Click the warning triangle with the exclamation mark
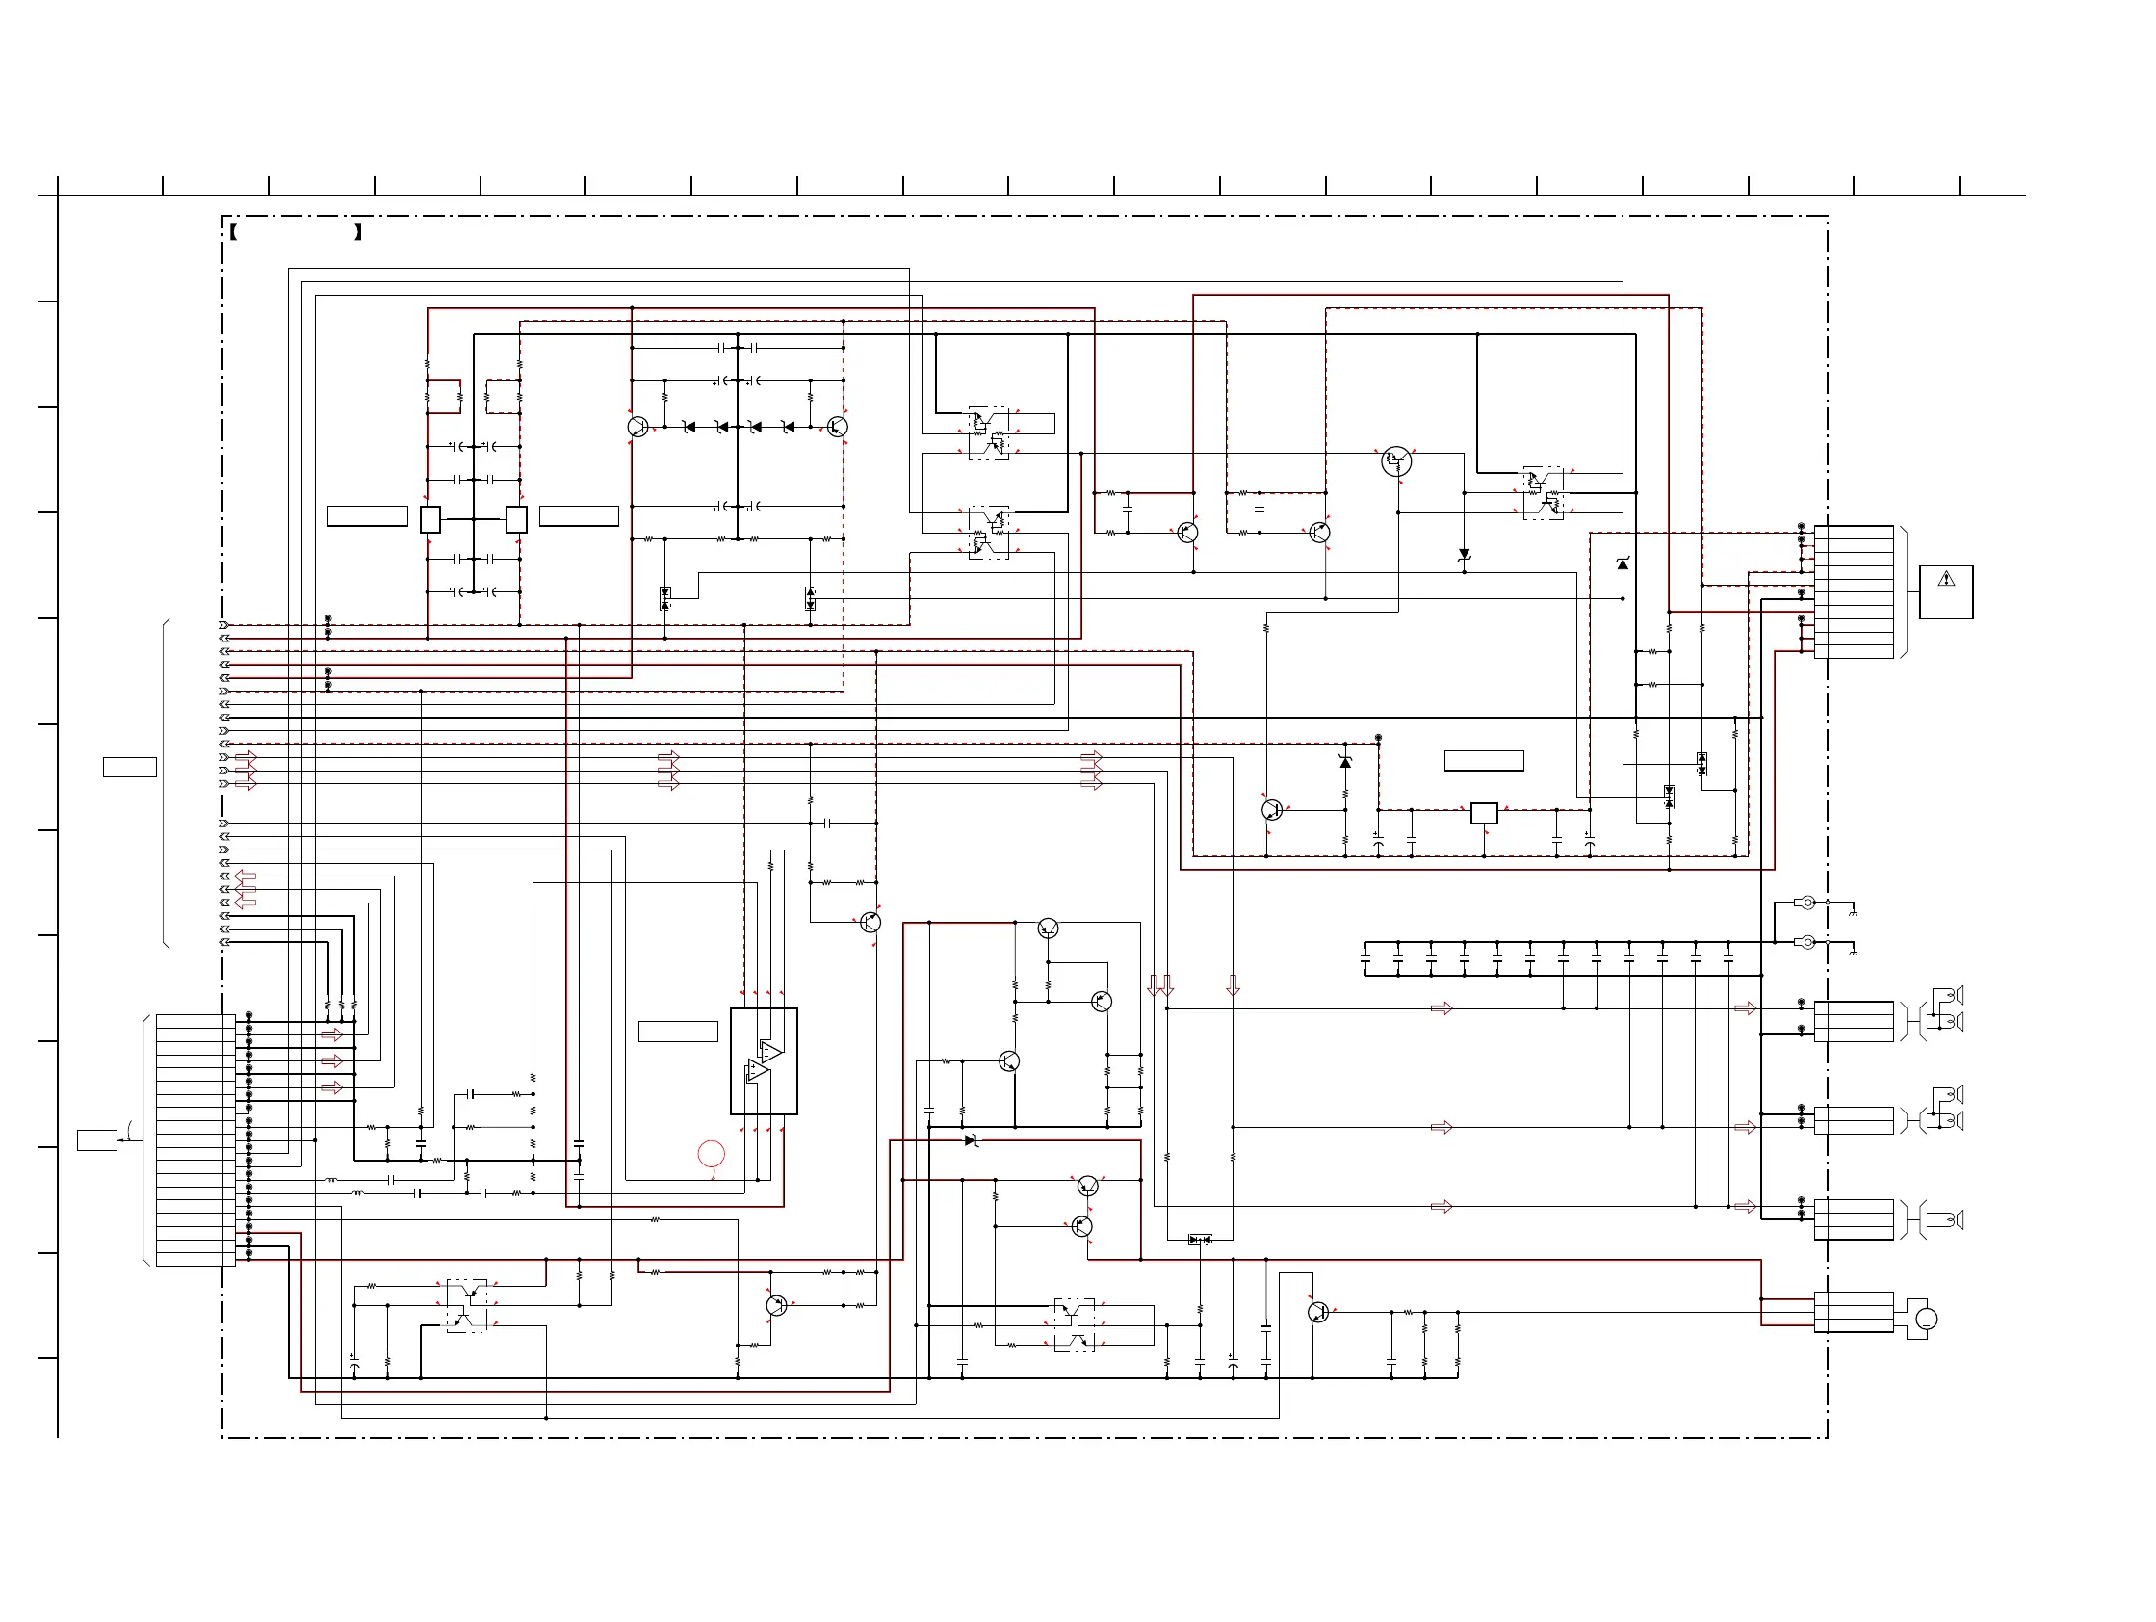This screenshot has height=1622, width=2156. [x=1946, y=579]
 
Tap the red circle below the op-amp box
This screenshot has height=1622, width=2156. [x=712, y=1154]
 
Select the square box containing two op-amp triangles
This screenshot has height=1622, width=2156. [x=765, y=1061]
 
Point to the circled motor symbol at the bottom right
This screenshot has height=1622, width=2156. [x=1926, y=1319]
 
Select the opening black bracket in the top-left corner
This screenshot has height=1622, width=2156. [x=234, y=232]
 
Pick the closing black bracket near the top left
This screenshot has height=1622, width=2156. [x=358, y=232]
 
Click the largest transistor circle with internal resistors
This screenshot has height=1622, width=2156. [x=1396, y=461]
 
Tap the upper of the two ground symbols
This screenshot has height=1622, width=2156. [x=1853, y=912]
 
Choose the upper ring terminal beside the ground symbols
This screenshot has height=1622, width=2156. [x=1806, y=903]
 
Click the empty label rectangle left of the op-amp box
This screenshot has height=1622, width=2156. [x=678, y=1032]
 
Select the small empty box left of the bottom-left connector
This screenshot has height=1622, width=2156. [x=97, y=1139]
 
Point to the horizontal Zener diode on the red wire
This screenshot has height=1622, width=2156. [x=971, y=1140]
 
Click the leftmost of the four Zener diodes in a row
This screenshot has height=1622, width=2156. [x=689, y=427]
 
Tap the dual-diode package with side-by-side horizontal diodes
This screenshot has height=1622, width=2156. [x=1200, y=1240]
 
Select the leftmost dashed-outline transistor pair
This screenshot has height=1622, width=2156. [x=467, y=1306]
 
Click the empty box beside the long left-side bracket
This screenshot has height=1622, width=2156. [x=130, y=767]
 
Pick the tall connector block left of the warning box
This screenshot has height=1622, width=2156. [x=1854, y=591]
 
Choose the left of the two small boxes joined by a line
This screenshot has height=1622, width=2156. [x=429, y=519]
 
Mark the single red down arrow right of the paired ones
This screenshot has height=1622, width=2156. [x=1233, y=985]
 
